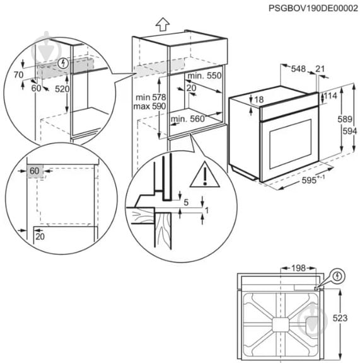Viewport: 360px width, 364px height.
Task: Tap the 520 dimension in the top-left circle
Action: (x=61, y=89)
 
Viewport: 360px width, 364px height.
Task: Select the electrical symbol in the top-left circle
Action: (x=62, y=64)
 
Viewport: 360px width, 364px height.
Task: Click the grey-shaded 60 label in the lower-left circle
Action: (x=34, y=171)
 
